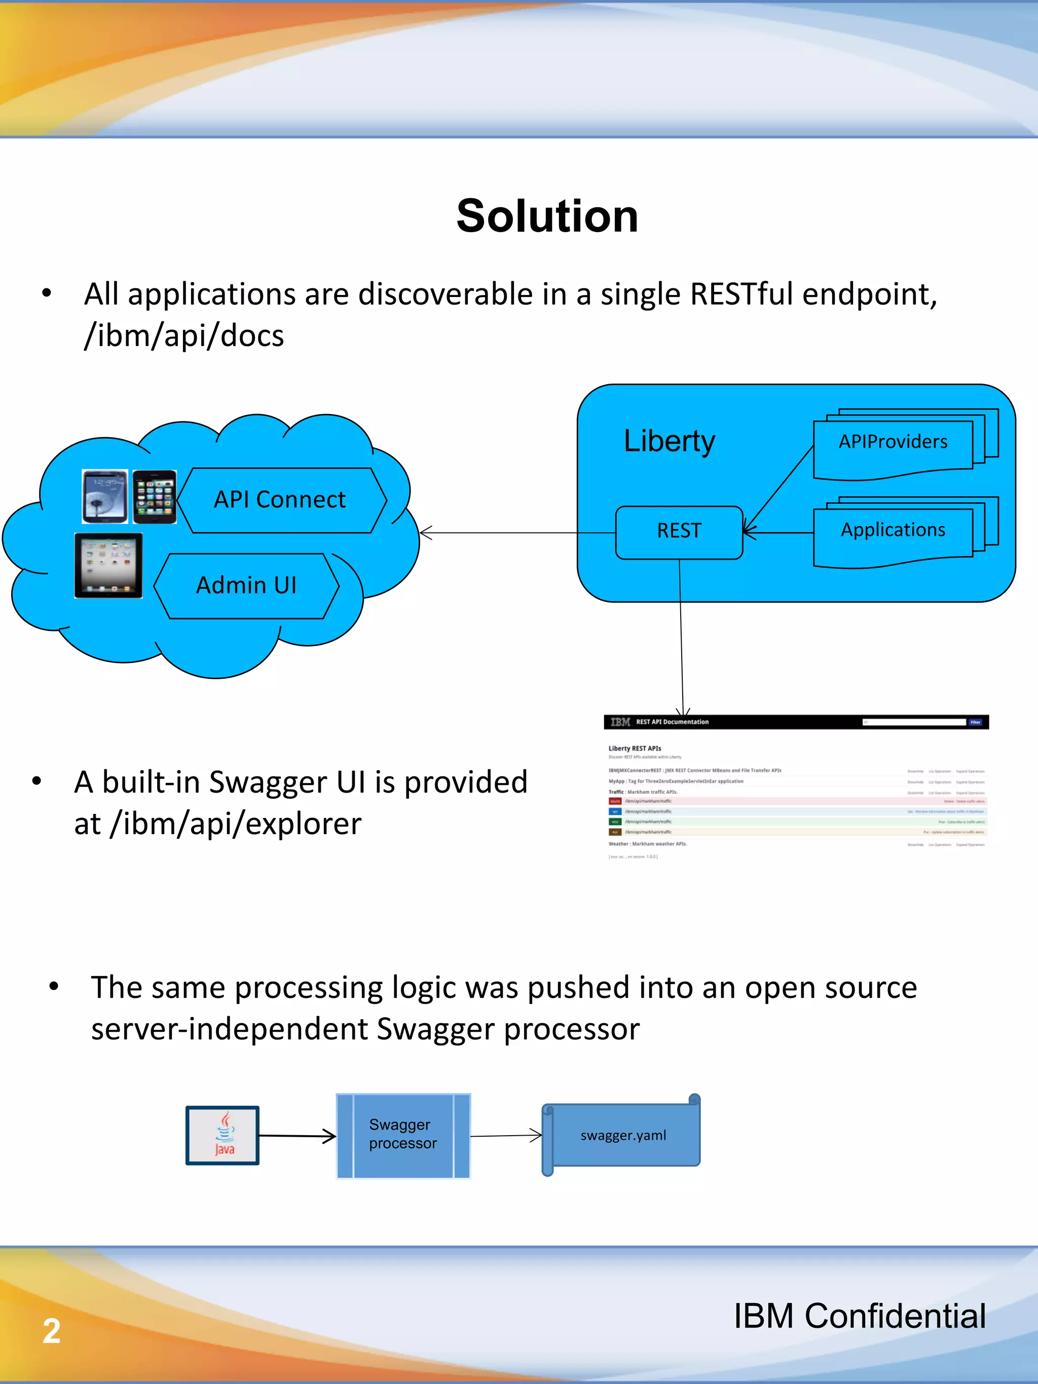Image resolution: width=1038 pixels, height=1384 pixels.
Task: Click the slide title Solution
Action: (x=547, y=216)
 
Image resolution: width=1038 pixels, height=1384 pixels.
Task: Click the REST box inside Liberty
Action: (x=679, y=532)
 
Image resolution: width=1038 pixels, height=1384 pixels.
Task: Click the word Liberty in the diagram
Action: (x=669, y=441)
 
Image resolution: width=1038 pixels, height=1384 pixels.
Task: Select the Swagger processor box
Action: (x=403, y=1135)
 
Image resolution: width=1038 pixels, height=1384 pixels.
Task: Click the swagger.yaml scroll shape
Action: (x=622, y=1135)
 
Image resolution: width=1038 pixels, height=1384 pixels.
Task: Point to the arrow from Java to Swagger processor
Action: (x=297, y=1136)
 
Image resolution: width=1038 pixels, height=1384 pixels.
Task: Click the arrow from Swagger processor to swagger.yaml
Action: (x=505, y=1136)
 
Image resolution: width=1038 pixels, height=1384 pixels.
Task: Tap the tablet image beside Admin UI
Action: (x=108, y=566)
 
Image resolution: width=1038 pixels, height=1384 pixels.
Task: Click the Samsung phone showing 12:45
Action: (x=104, y=497)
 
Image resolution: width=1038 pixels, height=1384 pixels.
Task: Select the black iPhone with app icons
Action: (x=155, y=497)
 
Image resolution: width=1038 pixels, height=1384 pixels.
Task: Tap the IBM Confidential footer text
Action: (x=859, y=1316)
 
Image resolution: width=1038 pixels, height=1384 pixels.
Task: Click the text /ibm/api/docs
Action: (x=184, y=336)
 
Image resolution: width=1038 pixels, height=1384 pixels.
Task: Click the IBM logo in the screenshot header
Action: (x=620, y=722)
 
